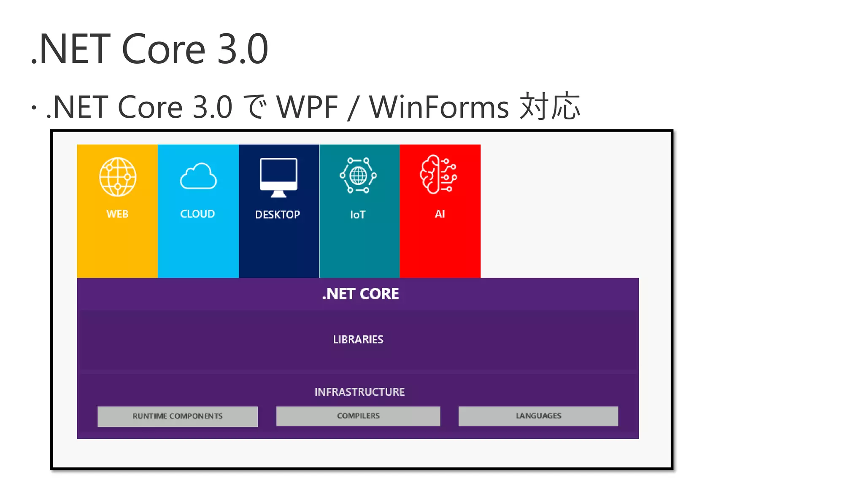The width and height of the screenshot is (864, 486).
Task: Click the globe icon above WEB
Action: coord(118,177)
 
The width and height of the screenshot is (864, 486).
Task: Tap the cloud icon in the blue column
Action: coord(198,176)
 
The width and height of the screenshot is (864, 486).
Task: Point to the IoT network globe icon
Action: coord(358,175)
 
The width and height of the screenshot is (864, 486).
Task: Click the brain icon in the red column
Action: coord(438,174)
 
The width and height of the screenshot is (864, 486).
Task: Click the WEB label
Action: coord(117,214)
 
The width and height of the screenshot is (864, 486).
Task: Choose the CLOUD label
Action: coord(197,214)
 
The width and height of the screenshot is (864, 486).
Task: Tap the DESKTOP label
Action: coord(278,215)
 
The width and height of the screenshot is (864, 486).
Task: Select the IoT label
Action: coord(358,215)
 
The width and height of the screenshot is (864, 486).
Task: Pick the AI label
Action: coord(440,214)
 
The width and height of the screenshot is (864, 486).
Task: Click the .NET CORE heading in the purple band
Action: coord(361,294)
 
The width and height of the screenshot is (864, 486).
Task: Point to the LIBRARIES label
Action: coord(358,340)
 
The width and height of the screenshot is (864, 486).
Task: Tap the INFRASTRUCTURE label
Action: coord(359,392)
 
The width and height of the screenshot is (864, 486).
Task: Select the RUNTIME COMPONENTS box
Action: coord(178,416)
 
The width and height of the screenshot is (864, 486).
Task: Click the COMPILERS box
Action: coord(358,416)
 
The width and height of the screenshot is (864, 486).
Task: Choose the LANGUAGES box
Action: coord(538,416)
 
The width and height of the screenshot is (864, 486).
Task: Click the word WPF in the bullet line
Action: coord(307,107)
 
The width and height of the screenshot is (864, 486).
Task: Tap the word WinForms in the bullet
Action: coord(439,107)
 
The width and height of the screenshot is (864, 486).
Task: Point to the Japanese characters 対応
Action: coord(550,106)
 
